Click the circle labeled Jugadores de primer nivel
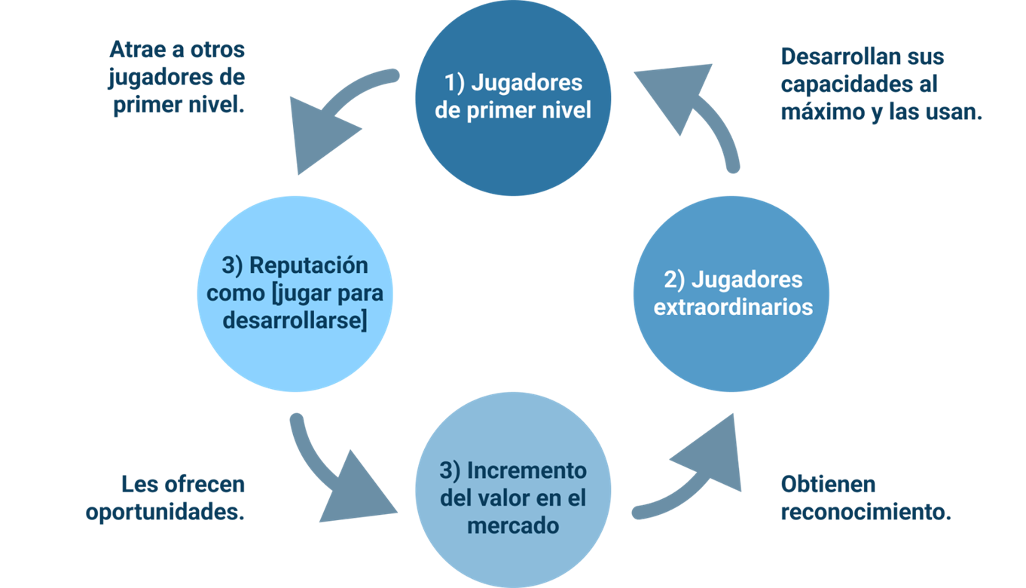(x=513, y=98)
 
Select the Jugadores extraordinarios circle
(x=731, y=294)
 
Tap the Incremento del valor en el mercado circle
(x=513, y=490)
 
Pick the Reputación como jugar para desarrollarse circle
(x=294, y=294)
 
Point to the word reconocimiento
(x=866, y=512)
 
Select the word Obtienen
(x=828, y=484)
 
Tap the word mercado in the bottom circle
(x=513, y=525)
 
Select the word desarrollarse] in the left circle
(x=295, y=321)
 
